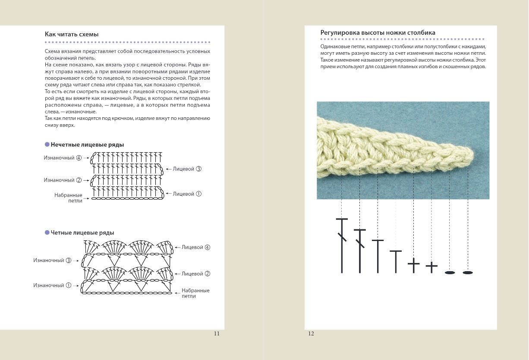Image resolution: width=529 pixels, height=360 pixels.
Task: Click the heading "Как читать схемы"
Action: [x=72, y=34]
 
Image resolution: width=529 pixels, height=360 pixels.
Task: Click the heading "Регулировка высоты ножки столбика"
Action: [x=378, y=33]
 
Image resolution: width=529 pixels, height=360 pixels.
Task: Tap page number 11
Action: [x=217, y=333]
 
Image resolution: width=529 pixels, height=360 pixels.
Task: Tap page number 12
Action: [x=311, y=333]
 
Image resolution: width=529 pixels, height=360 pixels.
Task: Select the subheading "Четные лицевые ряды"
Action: [x=82, y=233]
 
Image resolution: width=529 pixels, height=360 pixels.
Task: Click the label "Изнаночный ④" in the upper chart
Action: [x=63, y=158]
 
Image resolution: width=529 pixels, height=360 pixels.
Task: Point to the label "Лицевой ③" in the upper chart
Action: [x=187, y=169]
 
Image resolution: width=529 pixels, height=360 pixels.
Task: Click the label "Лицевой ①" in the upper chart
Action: [x=187, y=194]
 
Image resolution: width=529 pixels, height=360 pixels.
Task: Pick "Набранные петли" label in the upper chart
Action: [x=68, y=198]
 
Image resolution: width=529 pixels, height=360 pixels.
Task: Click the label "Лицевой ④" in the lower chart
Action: [x=196, y=247]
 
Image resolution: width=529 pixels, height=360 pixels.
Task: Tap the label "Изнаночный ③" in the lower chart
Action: [x=52, y=260]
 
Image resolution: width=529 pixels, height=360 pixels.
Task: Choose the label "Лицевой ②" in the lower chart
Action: [x=196, y=274]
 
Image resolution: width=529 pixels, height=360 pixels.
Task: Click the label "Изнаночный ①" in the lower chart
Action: [x=52, y=285]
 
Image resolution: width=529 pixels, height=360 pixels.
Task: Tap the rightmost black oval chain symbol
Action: [x=468, y=272]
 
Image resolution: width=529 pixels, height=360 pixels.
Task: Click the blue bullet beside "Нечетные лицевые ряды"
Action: [x=47, y=145]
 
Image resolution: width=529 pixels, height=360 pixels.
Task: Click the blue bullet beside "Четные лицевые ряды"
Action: [x=47, y=233]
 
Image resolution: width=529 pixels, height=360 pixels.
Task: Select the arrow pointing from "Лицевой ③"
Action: [x=167, y=169]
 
